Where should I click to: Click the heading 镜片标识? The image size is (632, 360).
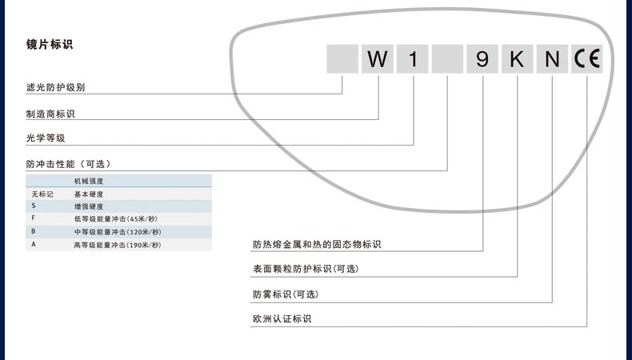[50, 45]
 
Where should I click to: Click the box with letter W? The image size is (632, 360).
[378, 60]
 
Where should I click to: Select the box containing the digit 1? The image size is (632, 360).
[413, 60]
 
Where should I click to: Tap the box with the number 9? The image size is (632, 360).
[482, 60]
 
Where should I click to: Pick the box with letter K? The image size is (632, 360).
[517, 60]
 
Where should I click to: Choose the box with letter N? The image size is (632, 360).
[552, 60]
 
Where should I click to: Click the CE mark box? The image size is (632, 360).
[586, 60]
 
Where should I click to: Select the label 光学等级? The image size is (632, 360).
[46, 138]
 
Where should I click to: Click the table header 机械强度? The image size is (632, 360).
[89, 182]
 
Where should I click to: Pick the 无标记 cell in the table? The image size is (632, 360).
[42, 194]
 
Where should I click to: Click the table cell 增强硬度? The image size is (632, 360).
[89, 206]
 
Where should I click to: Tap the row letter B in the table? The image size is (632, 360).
[34, 231]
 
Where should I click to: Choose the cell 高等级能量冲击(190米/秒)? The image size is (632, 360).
[116, 244]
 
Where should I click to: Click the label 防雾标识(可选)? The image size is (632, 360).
[286, 294]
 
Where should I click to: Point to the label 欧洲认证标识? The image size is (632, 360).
[282, 319]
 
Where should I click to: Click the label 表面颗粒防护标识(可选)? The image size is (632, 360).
[305, 269]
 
